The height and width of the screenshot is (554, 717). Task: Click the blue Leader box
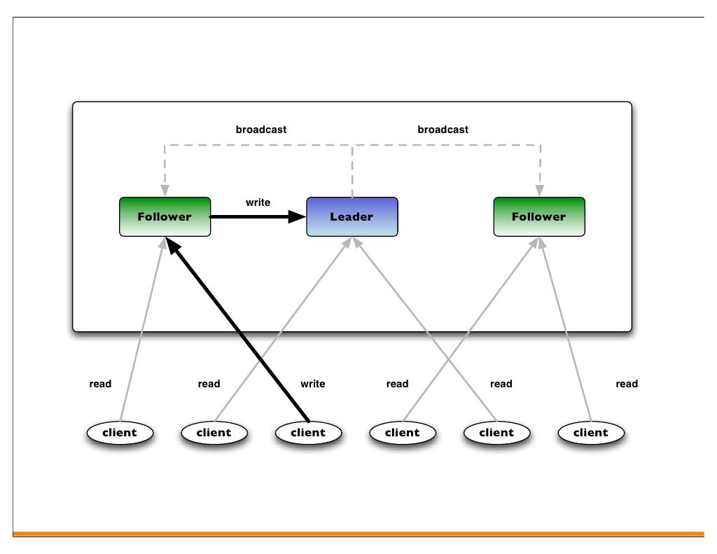click(351, 216)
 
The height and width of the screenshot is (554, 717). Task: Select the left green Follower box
click(165, 216)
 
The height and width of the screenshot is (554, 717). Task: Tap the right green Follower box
click(538, 216)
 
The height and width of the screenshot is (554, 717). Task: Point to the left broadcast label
click(260, 130)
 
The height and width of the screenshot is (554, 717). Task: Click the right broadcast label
click(443, 130)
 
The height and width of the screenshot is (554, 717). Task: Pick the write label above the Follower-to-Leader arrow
click(258, 202)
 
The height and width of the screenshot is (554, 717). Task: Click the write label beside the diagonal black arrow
click(312, 384)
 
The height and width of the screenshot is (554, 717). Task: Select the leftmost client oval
click(119, 433)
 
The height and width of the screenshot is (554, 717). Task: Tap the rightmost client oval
click(590, 433)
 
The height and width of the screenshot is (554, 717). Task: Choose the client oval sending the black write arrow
click(308, 433)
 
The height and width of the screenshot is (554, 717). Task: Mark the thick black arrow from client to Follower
click(238, 329)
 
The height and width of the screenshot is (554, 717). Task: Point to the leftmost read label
click(100, 384)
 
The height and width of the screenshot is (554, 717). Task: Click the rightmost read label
click(627, 384)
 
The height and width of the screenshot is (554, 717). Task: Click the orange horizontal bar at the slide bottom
click(358, 534)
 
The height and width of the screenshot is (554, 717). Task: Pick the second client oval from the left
click(214, 433)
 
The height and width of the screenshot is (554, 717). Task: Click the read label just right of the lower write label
click(397, 384)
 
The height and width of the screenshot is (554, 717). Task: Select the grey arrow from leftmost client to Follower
click(144, 329)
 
